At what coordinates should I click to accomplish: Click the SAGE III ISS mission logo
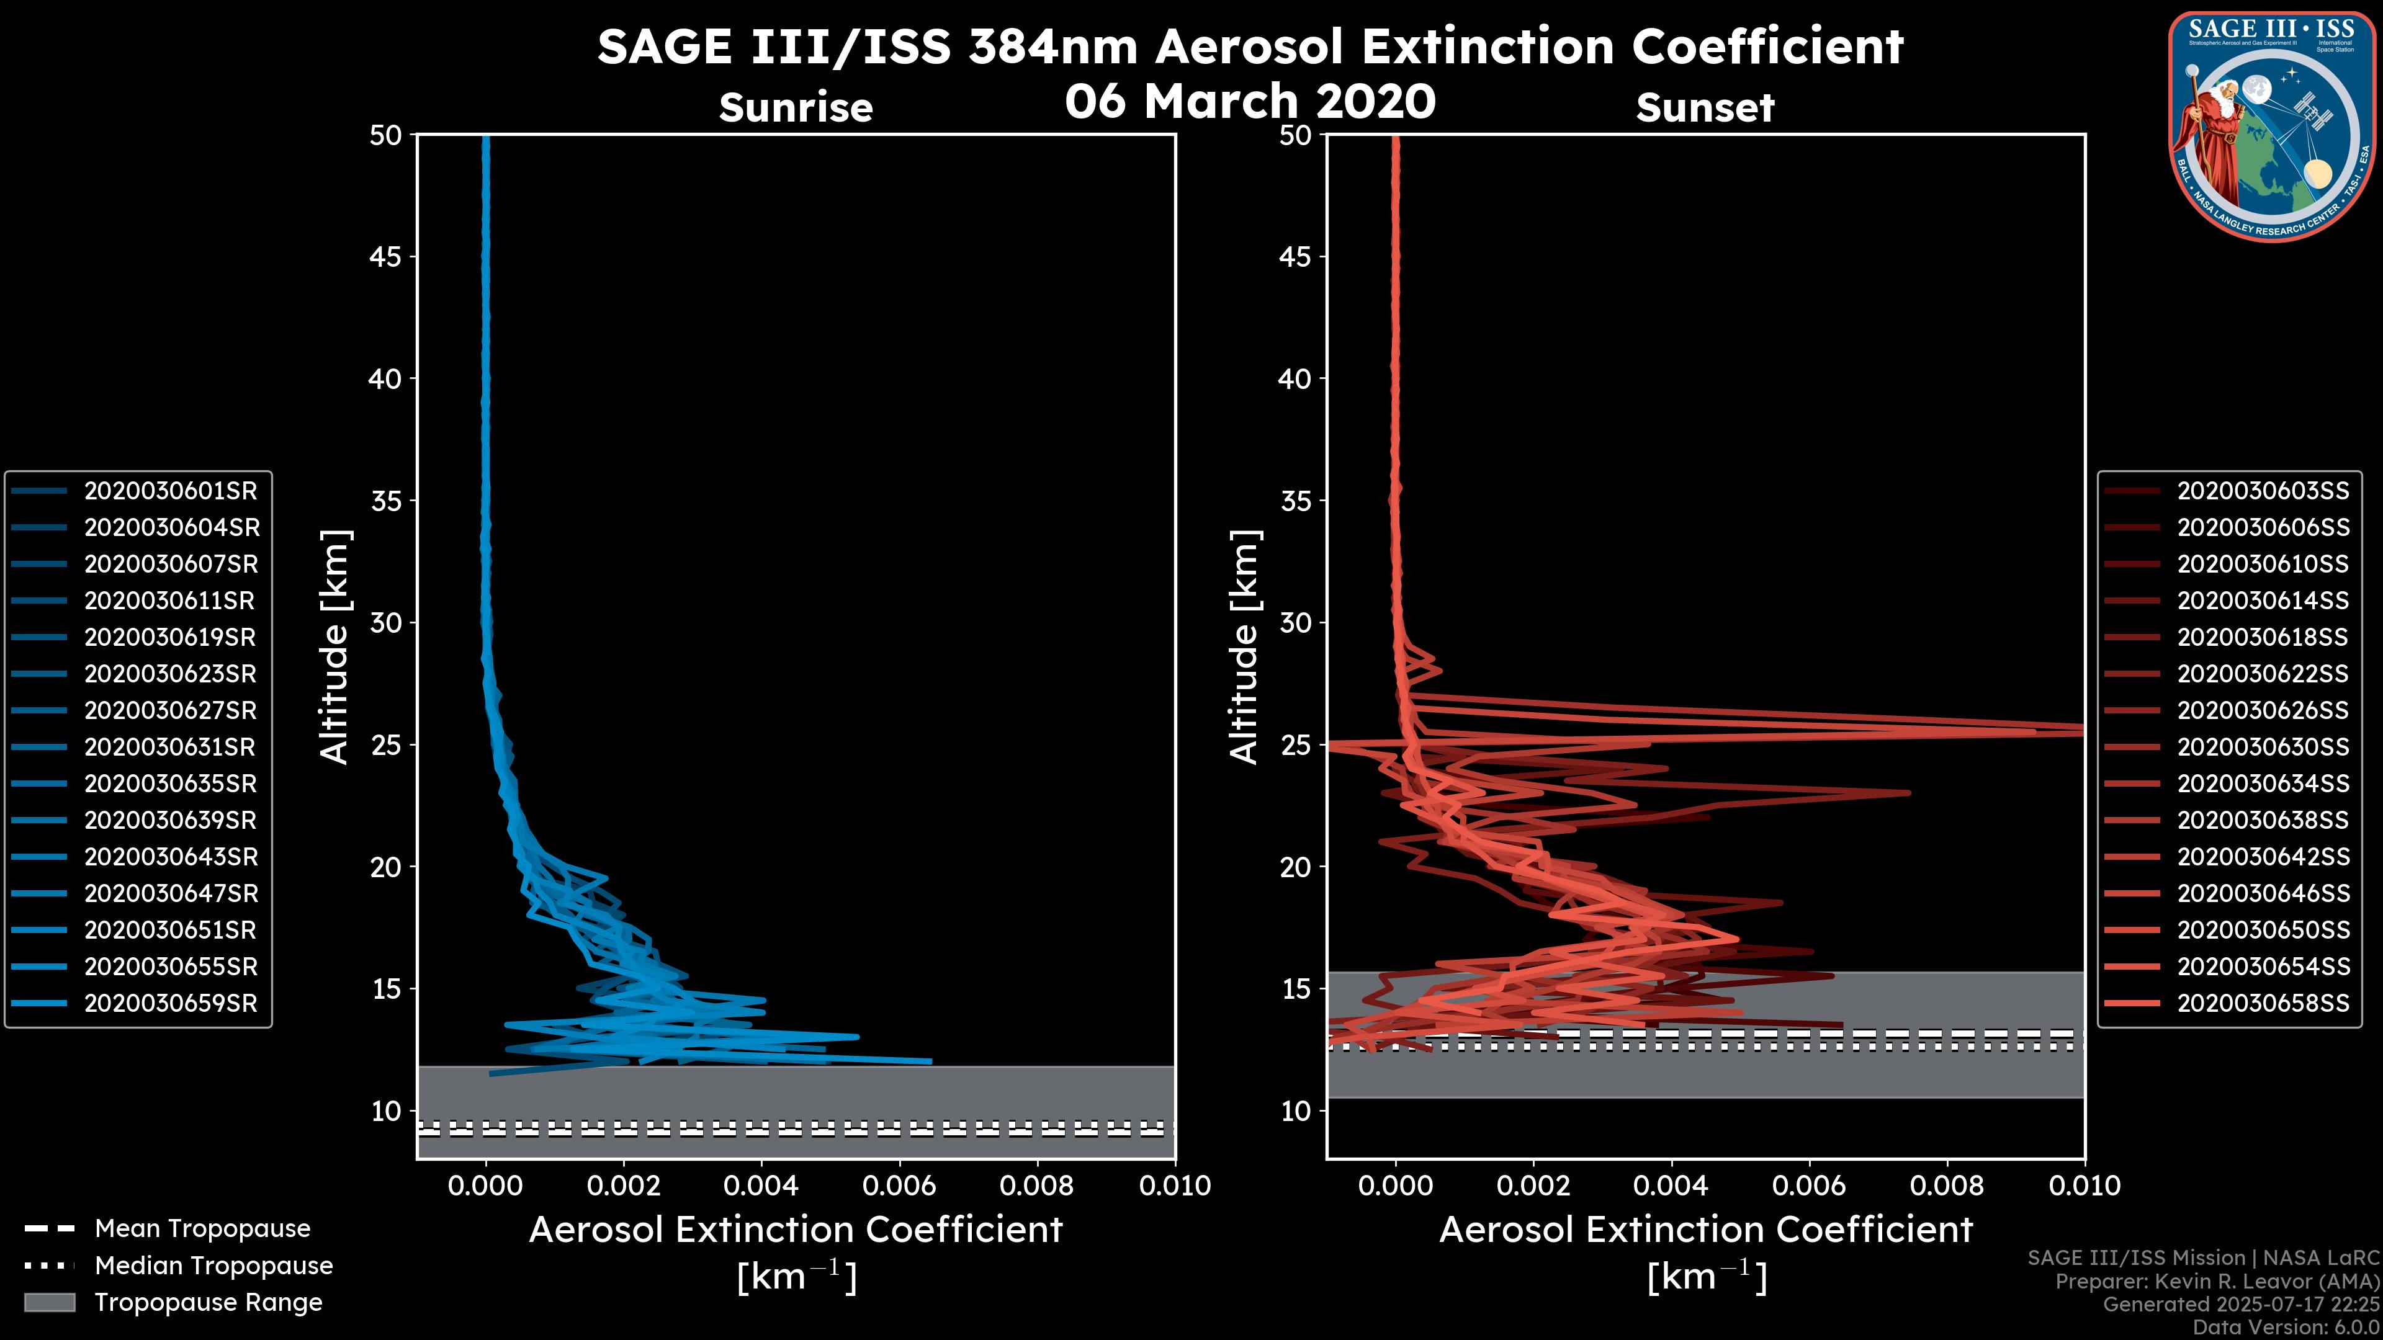point(2273,127)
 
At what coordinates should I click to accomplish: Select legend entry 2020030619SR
point(170,637)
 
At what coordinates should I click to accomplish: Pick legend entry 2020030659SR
point(170,1003)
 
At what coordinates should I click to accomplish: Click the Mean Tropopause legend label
point(202,1229)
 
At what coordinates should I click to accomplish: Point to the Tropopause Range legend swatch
point(49,1302)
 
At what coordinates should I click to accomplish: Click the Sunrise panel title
point(796,107)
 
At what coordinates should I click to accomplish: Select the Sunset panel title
point(1705,107)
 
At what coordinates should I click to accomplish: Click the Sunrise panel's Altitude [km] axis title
point(334,646)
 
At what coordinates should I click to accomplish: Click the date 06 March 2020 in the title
point(1250,100)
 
